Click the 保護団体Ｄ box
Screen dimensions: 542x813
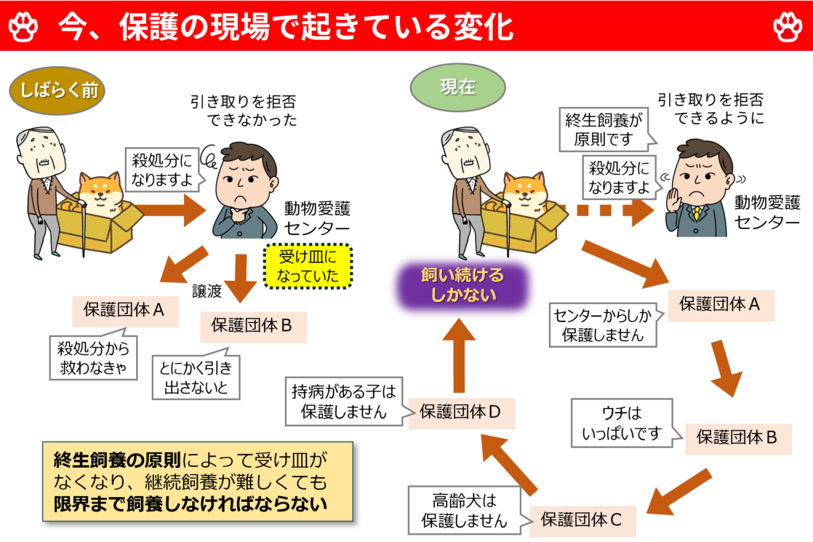click(462, 413)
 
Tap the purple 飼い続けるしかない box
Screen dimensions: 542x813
click(462, 286)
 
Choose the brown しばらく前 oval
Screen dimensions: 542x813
click(57, 92)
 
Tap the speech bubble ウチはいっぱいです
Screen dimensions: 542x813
click(622, 423)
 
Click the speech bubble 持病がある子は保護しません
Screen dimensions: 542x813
click(344, 402)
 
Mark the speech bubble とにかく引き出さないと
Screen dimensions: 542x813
click(196, 377)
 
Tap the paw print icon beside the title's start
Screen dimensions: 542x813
click(23, 27)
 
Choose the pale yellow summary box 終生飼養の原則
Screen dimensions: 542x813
click(197, 482)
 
